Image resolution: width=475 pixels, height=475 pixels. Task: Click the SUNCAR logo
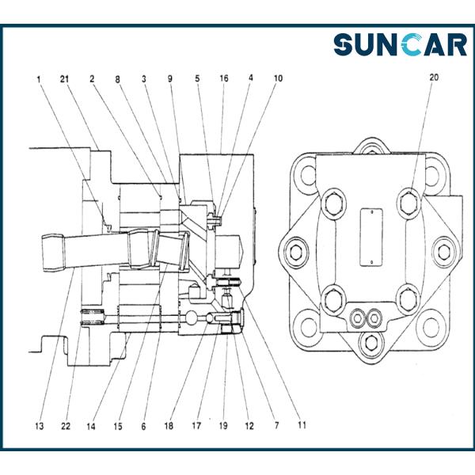(x=400, y=44)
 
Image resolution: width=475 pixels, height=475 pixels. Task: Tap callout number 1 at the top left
(x=37, y=79)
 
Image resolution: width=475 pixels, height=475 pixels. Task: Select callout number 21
(x=65, y=79)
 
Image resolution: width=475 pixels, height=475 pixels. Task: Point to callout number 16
(x=225, y=79)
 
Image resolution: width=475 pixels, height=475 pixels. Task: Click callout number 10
(x=276, y=79)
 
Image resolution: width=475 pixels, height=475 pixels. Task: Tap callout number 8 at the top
(x=118, y=79)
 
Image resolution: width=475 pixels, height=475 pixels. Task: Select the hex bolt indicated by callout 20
(x=408, y=202)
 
